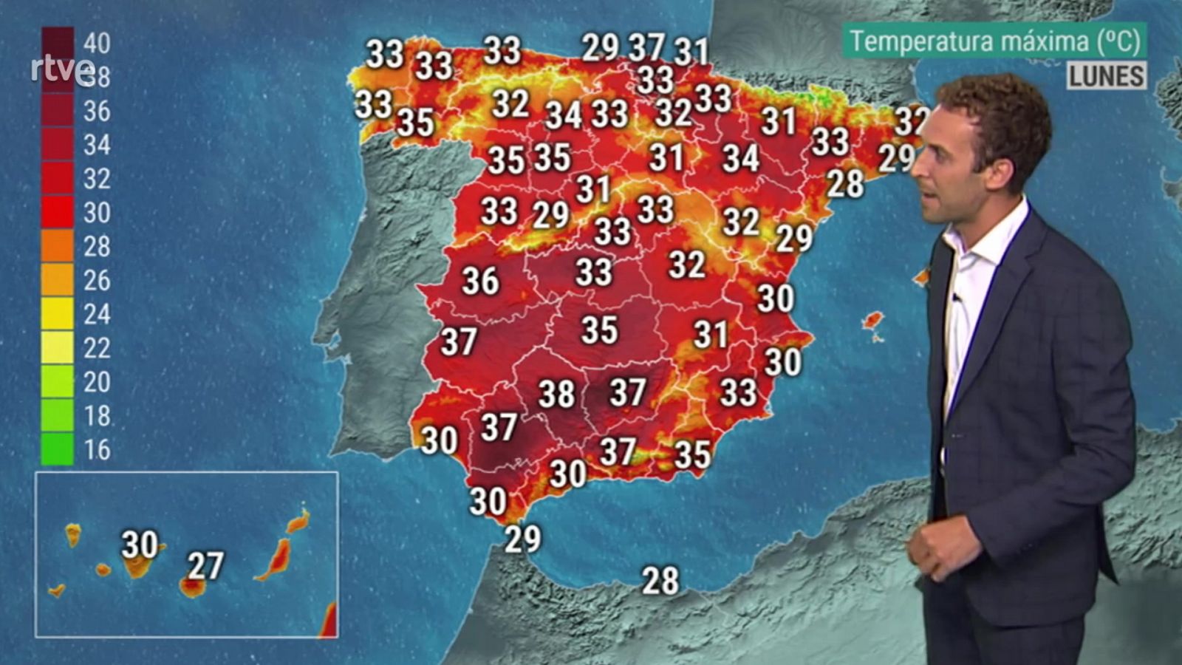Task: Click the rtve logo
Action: [63, 70]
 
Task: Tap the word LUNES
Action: [1106, 76]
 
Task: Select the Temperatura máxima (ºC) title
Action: [995, 41]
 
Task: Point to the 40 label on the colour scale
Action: [97, 44]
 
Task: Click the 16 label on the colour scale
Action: [97, 449]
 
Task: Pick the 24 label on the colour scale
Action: [97, 314]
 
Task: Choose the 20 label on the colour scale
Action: [97, 382]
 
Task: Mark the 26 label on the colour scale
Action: [97, 280]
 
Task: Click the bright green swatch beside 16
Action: [57, 449]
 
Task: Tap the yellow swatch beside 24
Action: [57, 314]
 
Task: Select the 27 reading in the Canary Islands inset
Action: [205, 566]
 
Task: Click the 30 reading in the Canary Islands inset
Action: [140, 545]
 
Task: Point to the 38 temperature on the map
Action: [556, 394]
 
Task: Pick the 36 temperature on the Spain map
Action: [480, 281]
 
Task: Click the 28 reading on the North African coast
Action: [660, 581]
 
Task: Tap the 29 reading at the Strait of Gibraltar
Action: [522, 539]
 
